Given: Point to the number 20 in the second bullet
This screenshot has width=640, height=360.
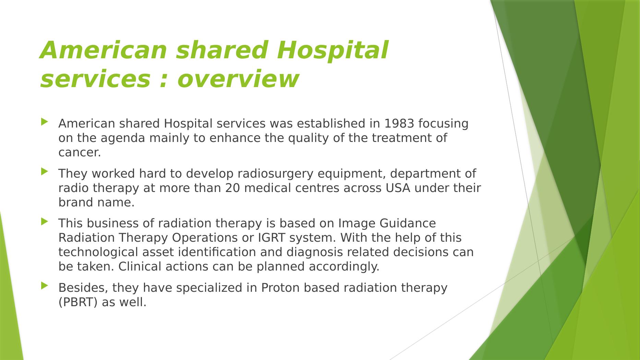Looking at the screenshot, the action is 232,188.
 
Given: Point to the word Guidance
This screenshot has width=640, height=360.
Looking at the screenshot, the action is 408,224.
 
